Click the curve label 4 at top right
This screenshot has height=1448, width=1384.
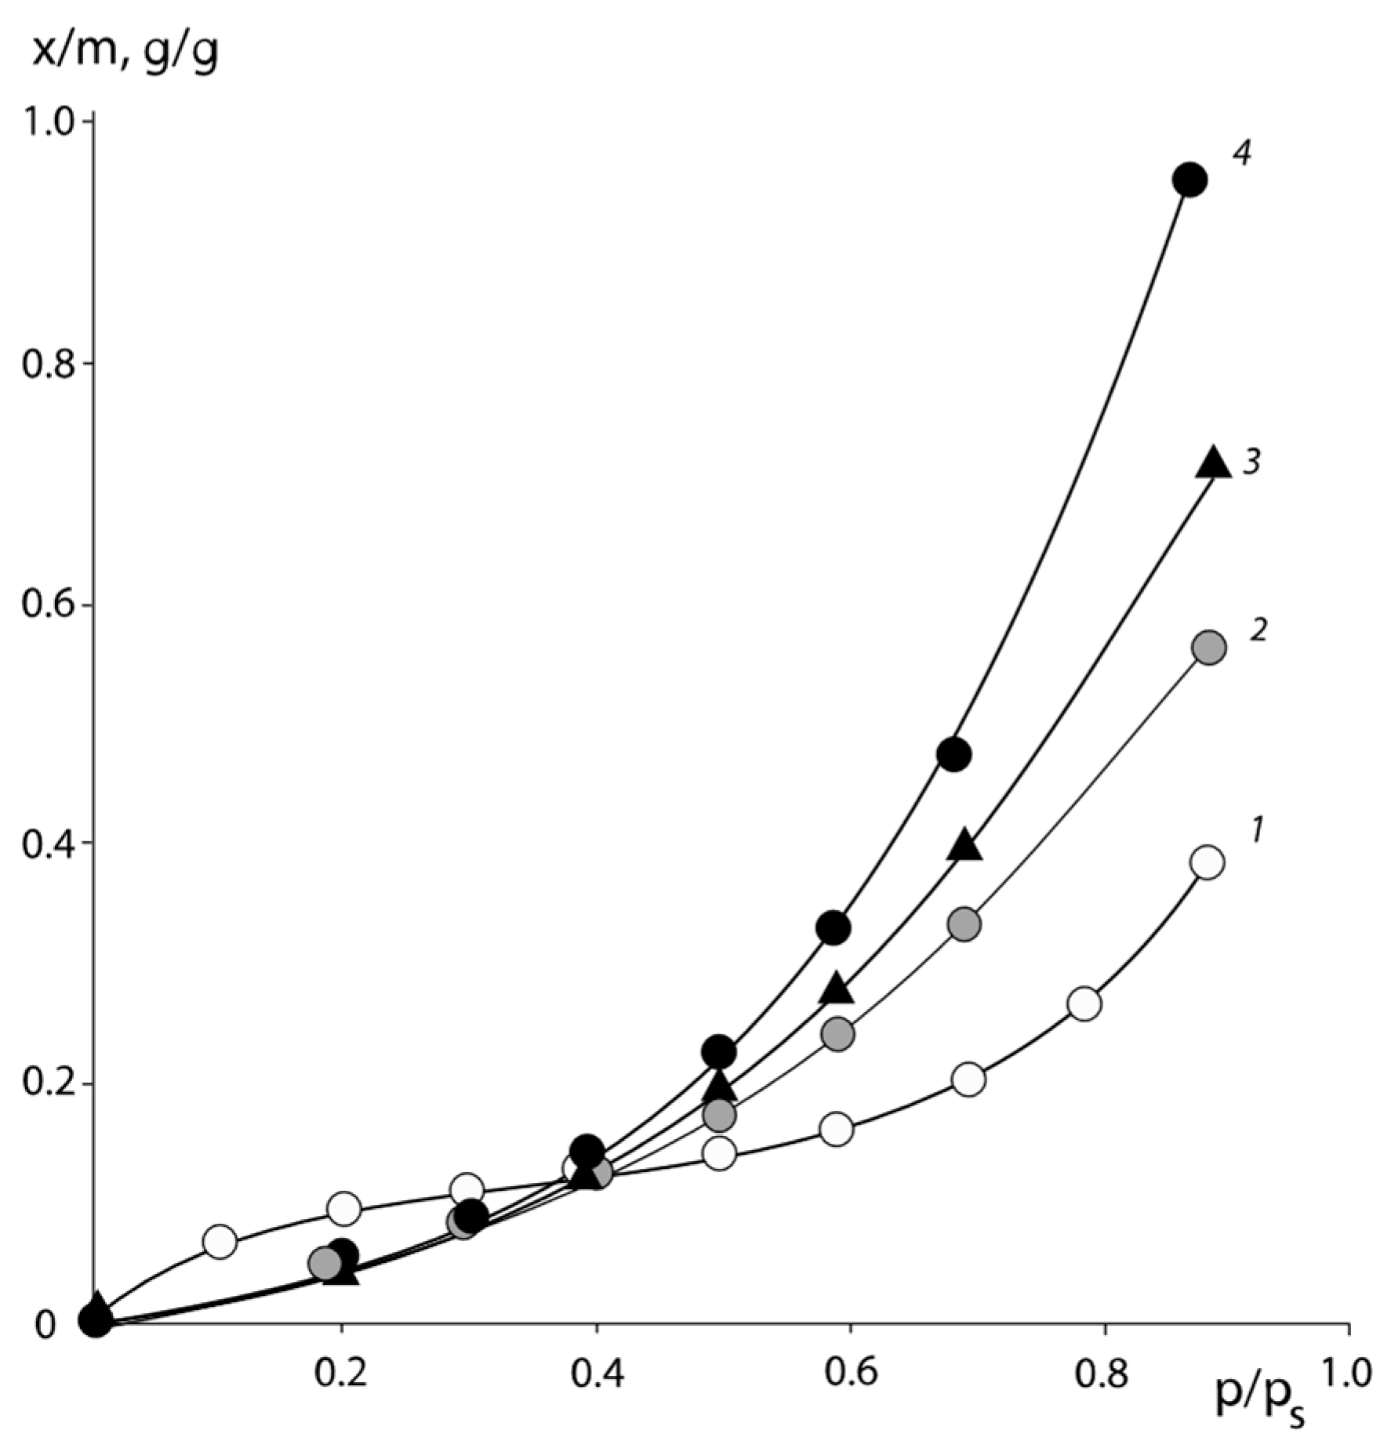click(1241, 154)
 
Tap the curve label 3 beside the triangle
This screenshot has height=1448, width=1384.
click(1251, 463)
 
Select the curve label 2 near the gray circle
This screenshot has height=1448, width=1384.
click(1258, 630)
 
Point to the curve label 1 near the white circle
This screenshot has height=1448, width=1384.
click(1256, 829)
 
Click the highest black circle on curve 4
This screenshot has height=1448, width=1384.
click(1190, 180)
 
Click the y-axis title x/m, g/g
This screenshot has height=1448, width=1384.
click(125, 53)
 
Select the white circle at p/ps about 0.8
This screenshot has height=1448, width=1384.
click(1084, 1003)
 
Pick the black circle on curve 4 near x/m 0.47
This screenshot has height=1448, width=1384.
click(954, 755)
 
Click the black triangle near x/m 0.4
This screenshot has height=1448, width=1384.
click(964, 846)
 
